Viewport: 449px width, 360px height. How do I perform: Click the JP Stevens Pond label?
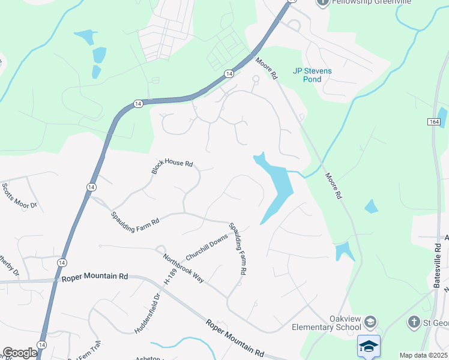[x=312, y=74]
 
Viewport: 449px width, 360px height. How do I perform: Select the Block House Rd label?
[x=172, y=167]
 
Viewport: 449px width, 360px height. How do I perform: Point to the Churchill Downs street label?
[x=206, y=247]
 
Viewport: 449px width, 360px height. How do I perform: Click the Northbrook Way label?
[x=184, y=267]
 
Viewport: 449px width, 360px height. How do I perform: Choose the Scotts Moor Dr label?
[x=20, y=196]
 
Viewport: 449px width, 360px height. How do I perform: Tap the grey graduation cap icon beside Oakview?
[x=370, y=323]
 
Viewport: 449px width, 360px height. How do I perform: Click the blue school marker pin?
[x=369, y=347]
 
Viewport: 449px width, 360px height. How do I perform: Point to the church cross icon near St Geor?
[x=413, y=323]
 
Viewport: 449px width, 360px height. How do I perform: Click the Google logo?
[x=20, y=353]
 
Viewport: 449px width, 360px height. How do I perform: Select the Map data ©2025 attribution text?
[x=424, y=355]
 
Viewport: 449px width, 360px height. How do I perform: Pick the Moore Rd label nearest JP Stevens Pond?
[x=267, y=68]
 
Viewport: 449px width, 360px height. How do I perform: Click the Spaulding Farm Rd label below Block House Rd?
[x=134, y=218]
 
